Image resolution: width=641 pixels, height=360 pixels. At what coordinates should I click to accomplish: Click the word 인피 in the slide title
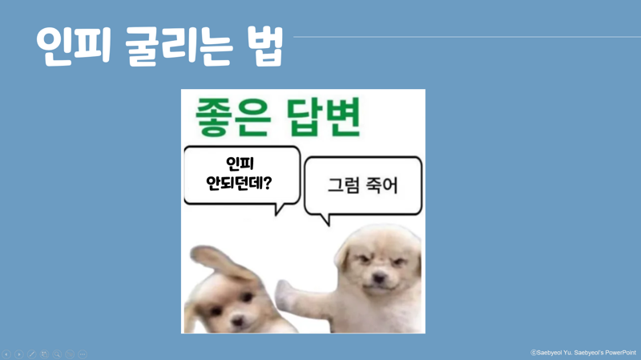pyautogui.click(x=74, y=46)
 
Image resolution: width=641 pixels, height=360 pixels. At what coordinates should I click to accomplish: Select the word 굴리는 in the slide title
pyautogui.click(x=179, y=46)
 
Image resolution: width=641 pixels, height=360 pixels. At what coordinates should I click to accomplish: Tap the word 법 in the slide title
pyautogui.click(x=265, y=46)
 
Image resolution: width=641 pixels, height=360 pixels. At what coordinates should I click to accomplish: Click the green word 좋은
pyautogui.click(x=233, y=116)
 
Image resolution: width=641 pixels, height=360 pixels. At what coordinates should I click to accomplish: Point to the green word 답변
pyautogui.click(x=324, y=116)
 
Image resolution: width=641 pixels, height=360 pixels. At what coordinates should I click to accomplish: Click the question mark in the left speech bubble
pyautogui.click(x=268, y=183)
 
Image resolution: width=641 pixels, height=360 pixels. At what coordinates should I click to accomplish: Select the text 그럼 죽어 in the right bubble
pyautogui.click(x=363, y=185)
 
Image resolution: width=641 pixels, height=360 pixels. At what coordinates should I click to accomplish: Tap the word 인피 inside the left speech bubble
pyautogui.click(x=240, y=164)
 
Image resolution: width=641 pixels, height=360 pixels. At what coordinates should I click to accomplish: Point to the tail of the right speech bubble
pyautogui.click(x=325, y=219)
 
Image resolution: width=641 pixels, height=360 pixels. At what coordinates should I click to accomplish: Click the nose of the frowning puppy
pyautogui.click(x=378, y=278)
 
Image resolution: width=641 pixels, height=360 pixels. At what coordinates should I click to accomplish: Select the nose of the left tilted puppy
pyautogui.click(x=237, y=322)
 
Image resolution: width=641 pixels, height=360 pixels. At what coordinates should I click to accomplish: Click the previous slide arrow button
pyautogui.click(x=6, y=354)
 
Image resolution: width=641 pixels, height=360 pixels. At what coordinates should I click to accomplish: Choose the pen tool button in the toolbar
pyautogui.click(x=31, y=354)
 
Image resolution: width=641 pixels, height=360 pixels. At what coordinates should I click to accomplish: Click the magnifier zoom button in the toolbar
pyautogui.click(x=57, y=354)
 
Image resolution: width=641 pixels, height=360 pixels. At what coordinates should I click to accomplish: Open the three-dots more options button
pyautogui.click(x=83, y=354)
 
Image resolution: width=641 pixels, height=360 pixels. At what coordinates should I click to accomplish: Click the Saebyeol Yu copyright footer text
pyautogui.click(x=583, y=353)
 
